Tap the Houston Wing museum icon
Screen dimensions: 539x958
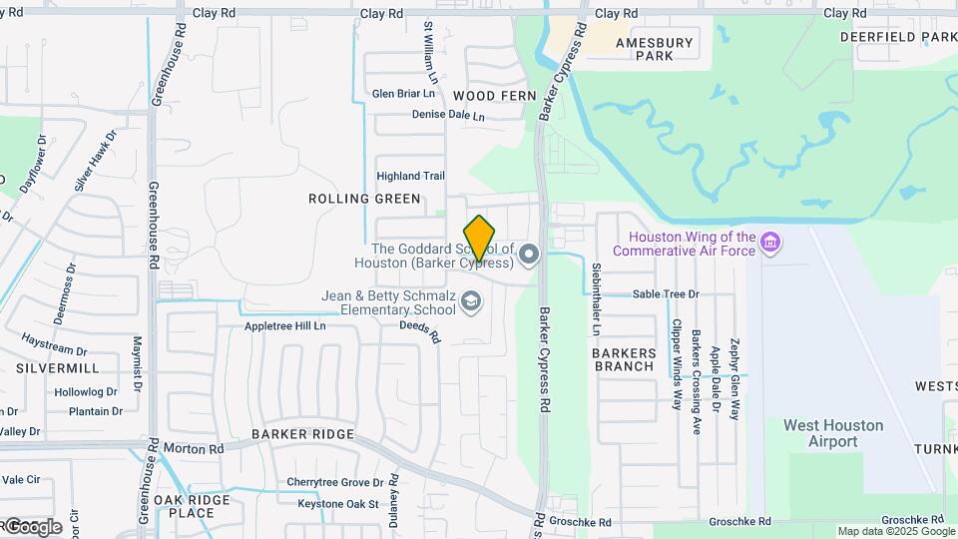coord(769,243)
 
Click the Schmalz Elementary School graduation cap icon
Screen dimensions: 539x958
coord(471,301)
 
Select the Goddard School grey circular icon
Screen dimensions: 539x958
coord(528,257)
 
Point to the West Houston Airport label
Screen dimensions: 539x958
coord(833,433)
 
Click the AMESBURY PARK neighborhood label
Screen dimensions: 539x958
coord(654,49)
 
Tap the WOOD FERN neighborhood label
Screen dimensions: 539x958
coord(494,95)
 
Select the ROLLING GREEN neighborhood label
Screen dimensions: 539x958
coord(364,199)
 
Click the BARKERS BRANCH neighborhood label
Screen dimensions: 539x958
coord(624,359)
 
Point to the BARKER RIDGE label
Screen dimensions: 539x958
coord(302,434)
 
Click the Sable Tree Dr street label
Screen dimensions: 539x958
coord(666,294)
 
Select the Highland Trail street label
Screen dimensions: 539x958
coord(410,176)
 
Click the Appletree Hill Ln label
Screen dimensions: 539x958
coord(285,326)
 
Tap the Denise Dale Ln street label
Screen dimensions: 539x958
coord(448,115)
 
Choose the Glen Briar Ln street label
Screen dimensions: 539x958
coord(403,94)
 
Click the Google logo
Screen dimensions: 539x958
coord(32,526)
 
